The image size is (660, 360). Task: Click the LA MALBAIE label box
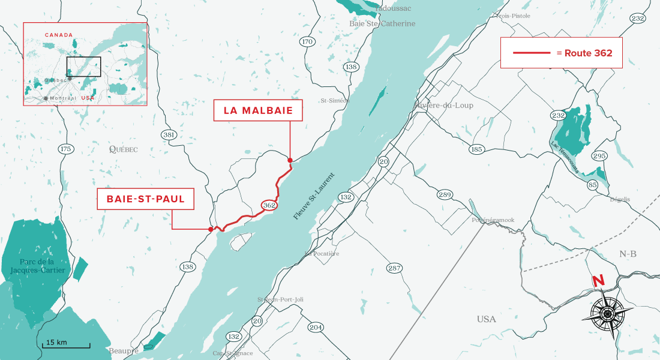pyautogui.click(x=258, y=111)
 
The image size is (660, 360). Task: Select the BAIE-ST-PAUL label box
pyautogui.click(x=146, y=199)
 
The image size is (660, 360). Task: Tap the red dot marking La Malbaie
pyautogui.click(x=290, y=160)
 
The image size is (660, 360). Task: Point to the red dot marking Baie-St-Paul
pyautogui.click(x=210, y=229)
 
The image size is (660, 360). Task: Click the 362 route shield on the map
pyautogui.click(x=269, y=205)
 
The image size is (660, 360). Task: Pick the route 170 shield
pyautogui.click(x=307, y=41)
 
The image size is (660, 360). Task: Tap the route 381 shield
pyautogui.click(x=169, y=135)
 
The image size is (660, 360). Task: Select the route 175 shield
pyautogui.click(x=65, y=148)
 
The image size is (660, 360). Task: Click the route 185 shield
pyautogui.click(x=477, y=149)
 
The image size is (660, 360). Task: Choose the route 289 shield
pyautogui.click(x=445, y=194)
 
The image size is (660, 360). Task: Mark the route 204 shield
pyautogui.click(x=316, y=327)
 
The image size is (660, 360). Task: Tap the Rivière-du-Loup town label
pyautogui.click(x=444, y=106)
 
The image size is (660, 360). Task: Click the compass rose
pyautogui.click(x=607, y=313)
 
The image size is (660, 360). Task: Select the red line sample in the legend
pyautogui.click(x=532, y=53)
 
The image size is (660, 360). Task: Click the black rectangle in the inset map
pyautogui.click(x=83, y=67)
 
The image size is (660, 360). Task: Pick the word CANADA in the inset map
pyautogui.click(x=58, y=35)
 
